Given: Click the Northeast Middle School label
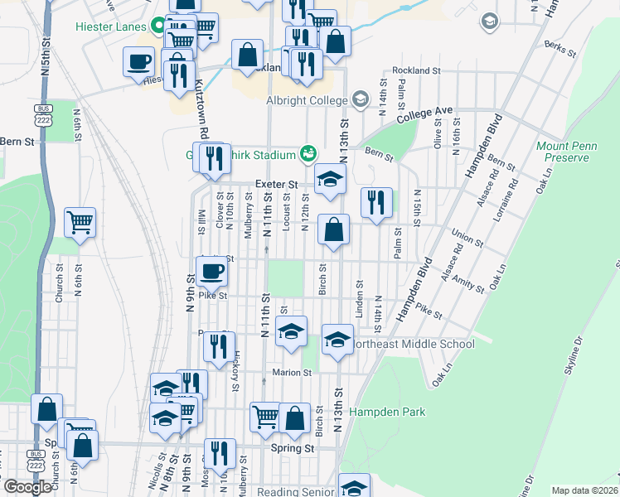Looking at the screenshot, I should pyautogui.click(x=414, y=344).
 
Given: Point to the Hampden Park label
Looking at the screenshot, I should pyautogui.click(x=387, y=412).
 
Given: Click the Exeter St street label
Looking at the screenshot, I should pyautogui.click(x=276, y=184).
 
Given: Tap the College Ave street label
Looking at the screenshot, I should pyautogui.click(x=424, y=115).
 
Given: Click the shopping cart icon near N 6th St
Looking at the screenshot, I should pyautogui.click(x=80, y=221).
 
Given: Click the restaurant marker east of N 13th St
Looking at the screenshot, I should pyautogui.click(x=376, y=202).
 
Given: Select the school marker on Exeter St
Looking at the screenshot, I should pyautogui.click(x=329, y=179).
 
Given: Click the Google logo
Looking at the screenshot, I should pyautogui.click(x=27, y=487).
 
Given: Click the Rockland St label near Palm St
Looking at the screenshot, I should pyautogui.click(x=416, y=71).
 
